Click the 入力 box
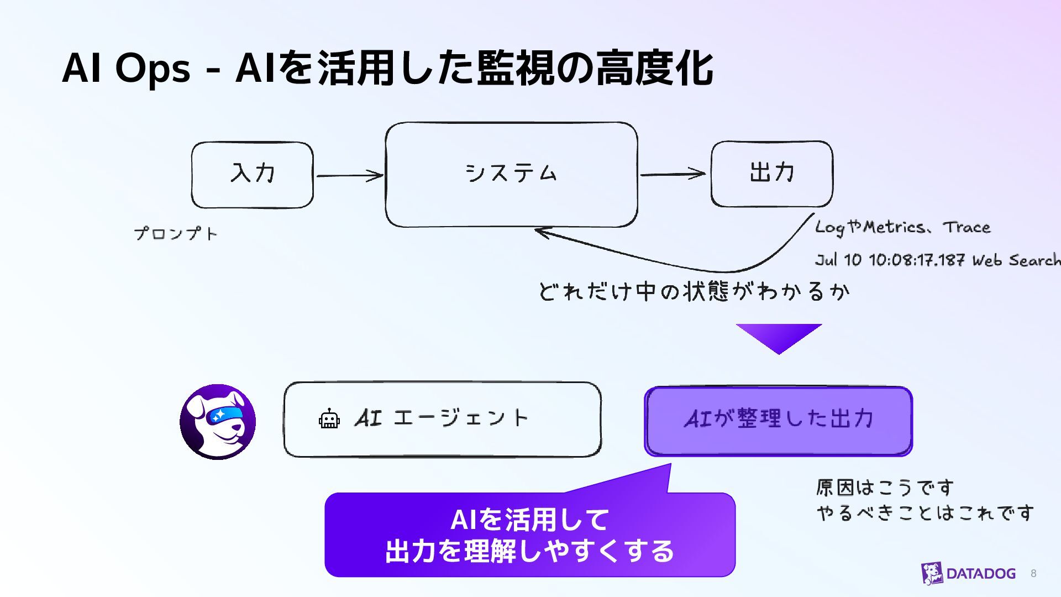pyautogui.click(x=253, y=175)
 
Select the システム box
pyautogui.click(x=511, y=175)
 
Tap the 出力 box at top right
pyautogui.click(x=771, y=174)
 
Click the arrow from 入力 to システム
pyautogui.click(x=349, y=176)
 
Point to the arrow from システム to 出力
pyautogui.click(x=673, y=175)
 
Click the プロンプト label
pyautogui.click(x=176, y=234)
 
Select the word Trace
pyautogui.click(x=967, y=227)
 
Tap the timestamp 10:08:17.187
pyautogui.click(x=917, y=260)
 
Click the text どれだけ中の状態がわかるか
pyautogui.click(x=694, y=291)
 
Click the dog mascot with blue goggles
pyautogui.click(x=218, y=422)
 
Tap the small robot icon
pyautogui.click(x=329, y=419)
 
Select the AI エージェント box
pyautogui.click(x=442, y=419)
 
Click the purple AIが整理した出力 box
pyautogui.click(x=778, y=421)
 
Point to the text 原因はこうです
pyautogui.click(x=885, y=488)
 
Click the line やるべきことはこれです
pyautogui.click(x=925, y=514)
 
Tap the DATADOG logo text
pyautogui.click(x=981, y=574)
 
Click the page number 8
pyautogui.click(x=1033, y=574)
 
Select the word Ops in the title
pyautogui.click(x=153, y=69)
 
